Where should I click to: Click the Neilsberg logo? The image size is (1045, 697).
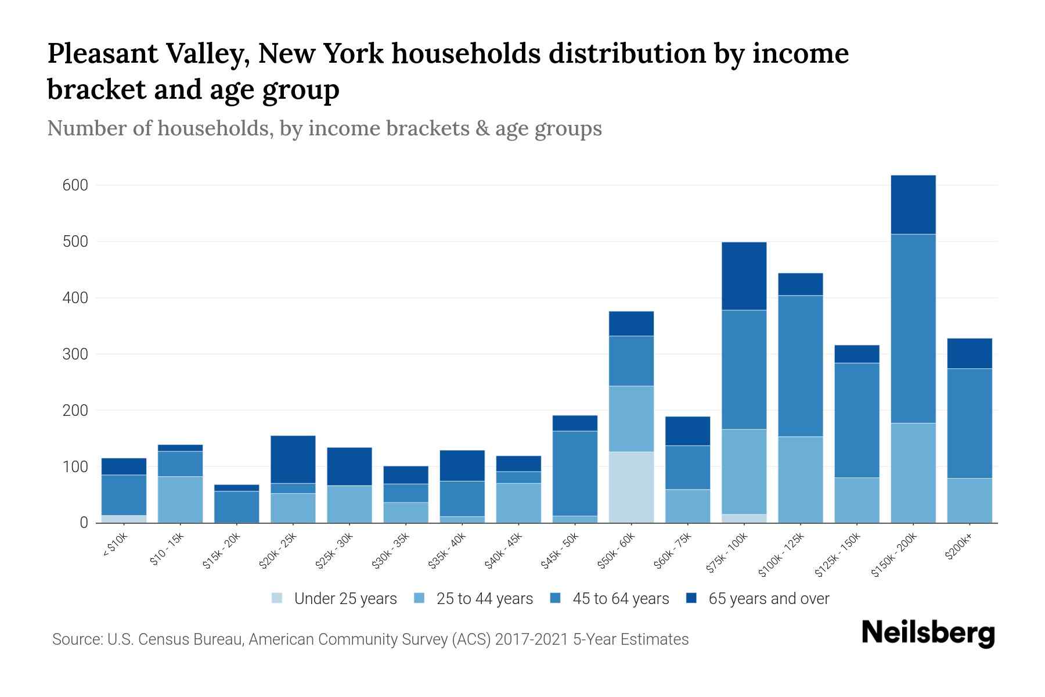tap(928, 633)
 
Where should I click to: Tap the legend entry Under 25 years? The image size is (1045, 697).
tap(345, 599)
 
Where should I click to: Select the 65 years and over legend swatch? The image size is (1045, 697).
tap(691, 598)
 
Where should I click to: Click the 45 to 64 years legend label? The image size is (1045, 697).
tap(620, 599)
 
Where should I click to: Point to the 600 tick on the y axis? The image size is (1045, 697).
tap(75, 185)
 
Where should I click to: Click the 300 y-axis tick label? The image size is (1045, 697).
tap(75, 354)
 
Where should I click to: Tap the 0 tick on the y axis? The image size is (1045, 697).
tap(84, 523)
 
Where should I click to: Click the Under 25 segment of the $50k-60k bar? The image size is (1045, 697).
tap(631, 487)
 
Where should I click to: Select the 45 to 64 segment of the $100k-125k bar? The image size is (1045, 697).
tap(801, 366)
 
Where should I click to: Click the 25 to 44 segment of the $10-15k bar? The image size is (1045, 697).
tap(180, 500)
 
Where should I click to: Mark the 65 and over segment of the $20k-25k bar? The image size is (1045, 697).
tap(293, 459)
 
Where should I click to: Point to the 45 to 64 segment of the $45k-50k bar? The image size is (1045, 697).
tap(575, 473)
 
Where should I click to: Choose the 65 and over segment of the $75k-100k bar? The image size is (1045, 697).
tap(744, 276)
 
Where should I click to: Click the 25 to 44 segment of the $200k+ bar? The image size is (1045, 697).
tap(969, 500)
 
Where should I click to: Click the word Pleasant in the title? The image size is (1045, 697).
tap(102, 54)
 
